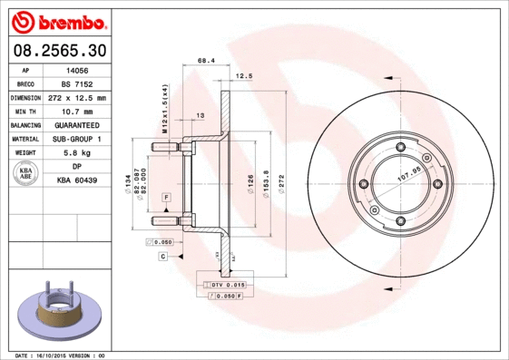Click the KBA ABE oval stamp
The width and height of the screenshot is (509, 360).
pos(26,174)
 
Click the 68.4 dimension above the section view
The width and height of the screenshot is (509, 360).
pos(205,62)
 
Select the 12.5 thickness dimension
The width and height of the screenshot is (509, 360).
pos(242,76)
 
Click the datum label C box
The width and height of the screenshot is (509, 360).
pos(162,258)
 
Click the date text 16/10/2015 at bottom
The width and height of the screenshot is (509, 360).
pos(62,355)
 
